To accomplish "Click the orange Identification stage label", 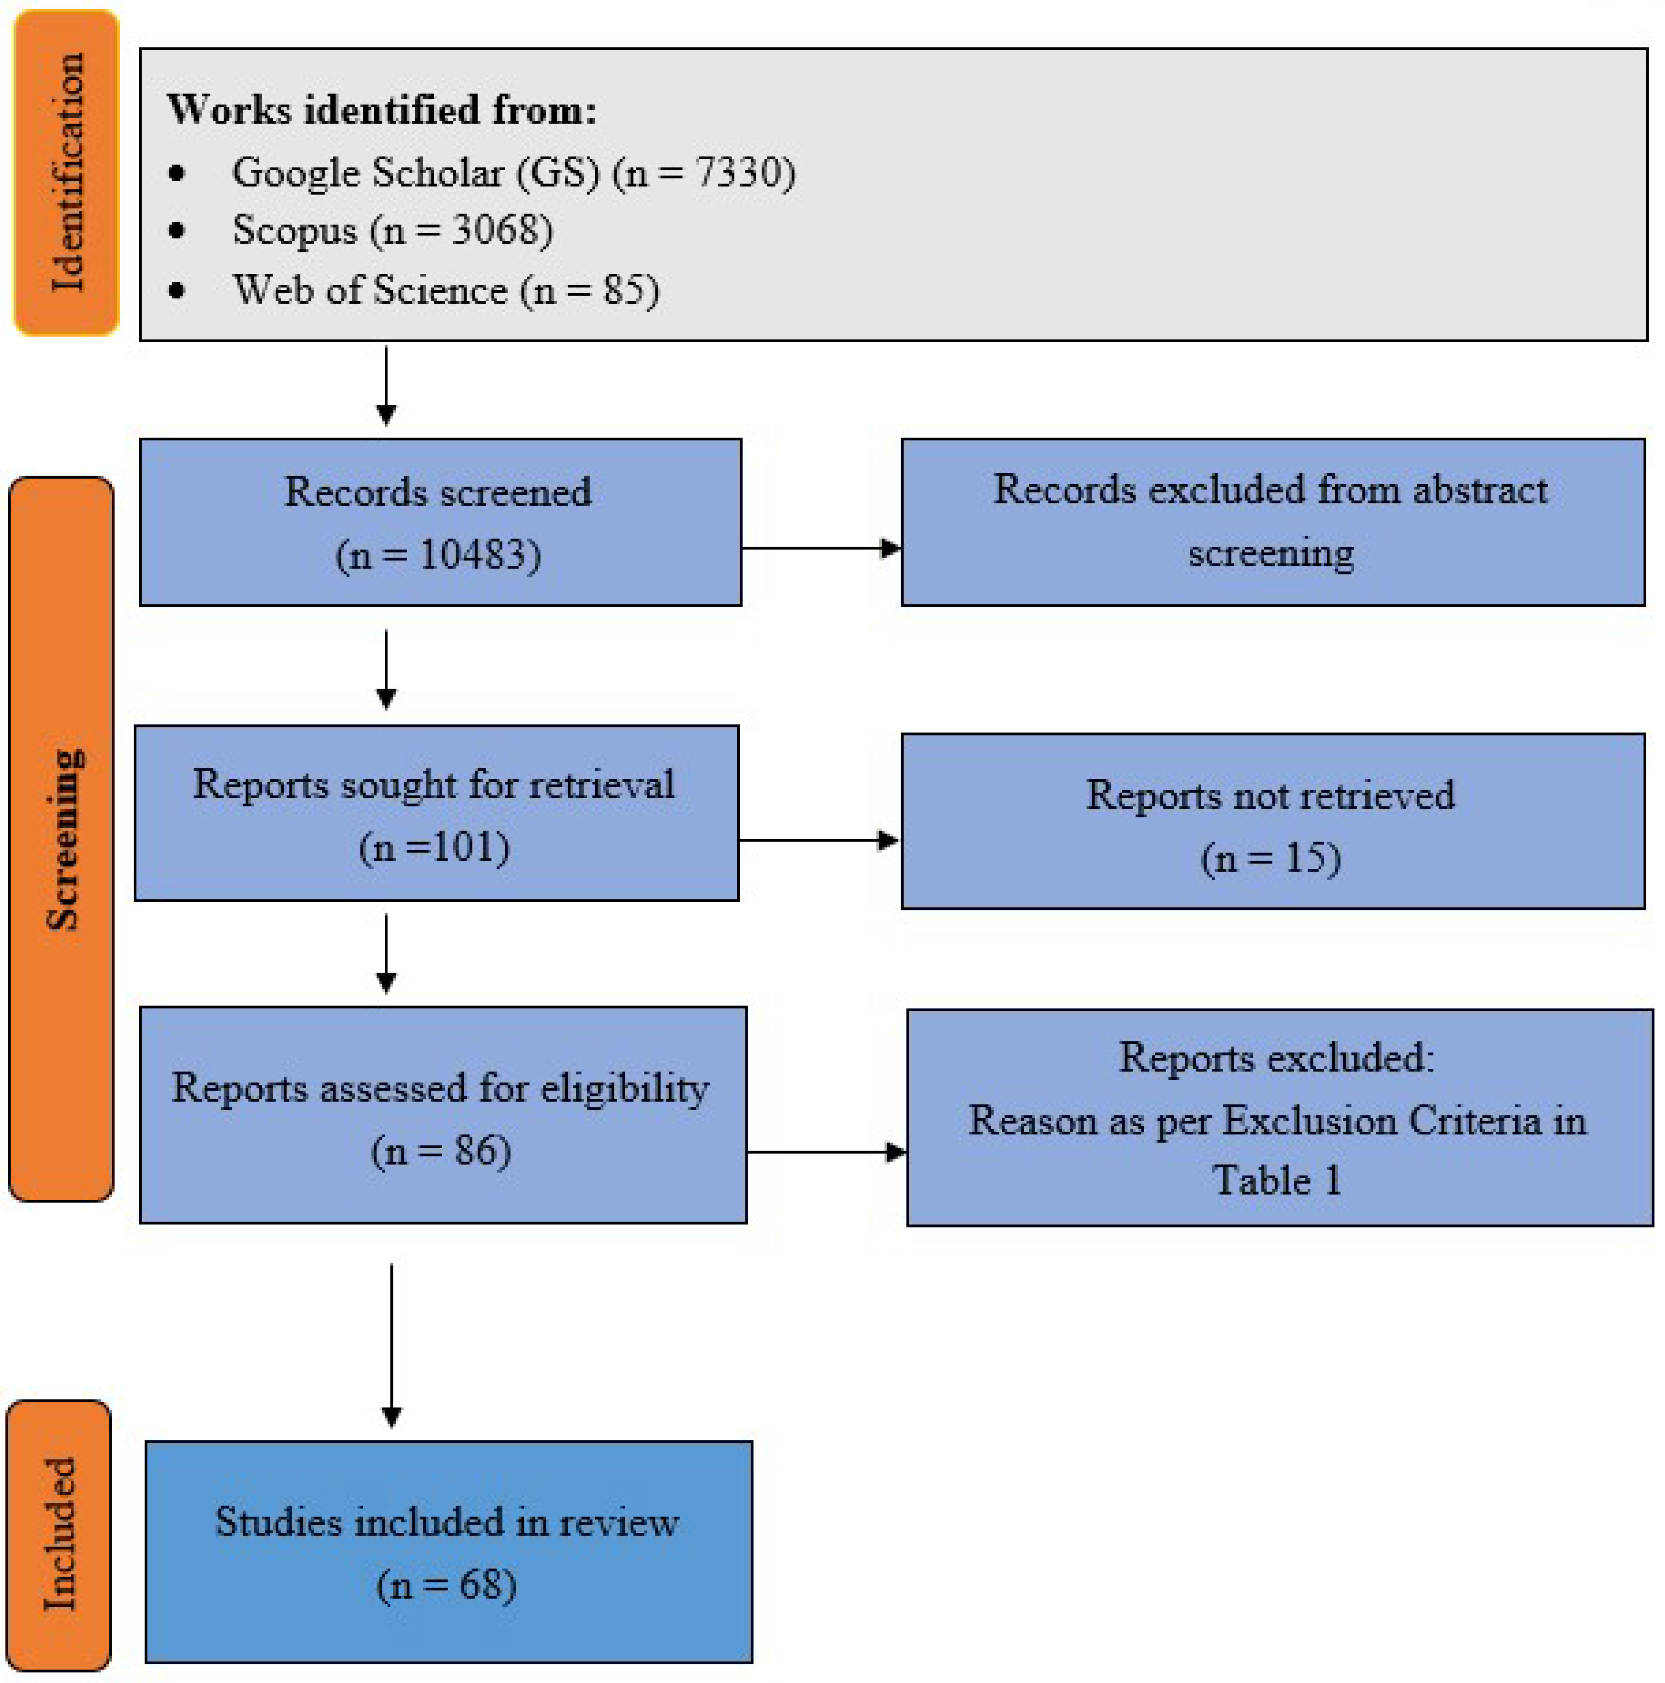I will click(66, 172).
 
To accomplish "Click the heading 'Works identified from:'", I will click(382, 110).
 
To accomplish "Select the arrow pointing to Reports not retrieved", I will click(818, 841).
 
